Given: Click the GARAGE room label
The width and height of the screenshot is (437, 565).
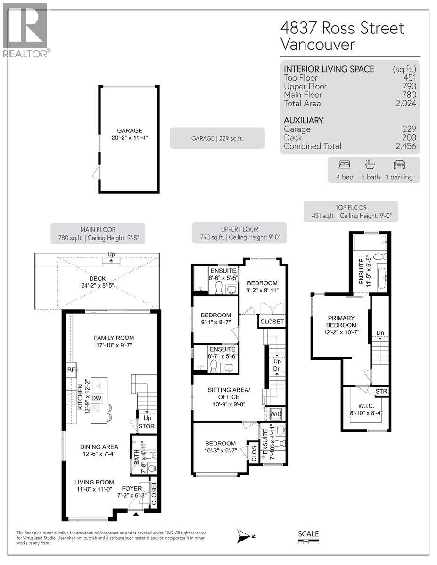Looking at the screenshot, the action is point(130,130).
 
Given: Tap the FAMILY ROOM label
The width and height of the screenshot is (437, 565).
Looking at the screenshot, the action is point(114,338).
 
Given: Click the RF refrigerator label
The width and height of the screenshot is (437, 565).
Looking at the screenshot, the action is point(71,370).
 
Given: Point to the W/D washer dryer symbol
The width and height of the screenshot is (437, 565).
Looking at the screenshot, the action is point(276,414).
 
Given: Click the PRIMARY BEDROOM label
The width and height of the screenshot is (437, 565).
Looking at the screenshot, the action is point(341,322).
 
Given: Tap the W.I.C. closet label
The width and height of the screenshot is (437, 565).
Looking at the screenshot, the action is point(366,406).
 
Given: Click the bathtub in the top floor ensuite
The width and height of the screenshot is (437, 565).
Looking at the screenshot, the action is point(382,278).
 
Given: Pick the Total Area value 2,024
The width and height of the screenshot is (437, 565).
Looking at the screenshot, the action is point(406,103).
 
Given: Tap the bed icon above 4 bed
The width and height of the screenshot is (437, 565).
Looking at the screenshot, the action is point(345,165).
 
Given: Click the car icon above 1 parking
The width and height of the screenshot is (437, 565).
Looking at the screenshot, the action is point(399,165).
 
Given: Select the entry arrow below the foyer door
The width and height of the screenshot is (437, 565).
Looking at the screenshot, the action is point(136,514).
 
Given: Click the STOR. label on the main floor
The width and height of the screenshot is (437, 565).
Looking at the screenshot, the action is point(147,426).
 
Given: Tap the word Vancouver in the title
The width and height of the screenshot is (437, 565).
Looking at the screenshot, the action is point(318,45).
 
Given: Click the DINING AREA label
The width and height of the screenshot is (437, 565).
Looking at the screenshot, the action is point(99,447).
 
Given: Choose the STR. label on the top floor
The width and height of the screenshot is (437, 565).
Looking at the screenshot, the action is point(382,391).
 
